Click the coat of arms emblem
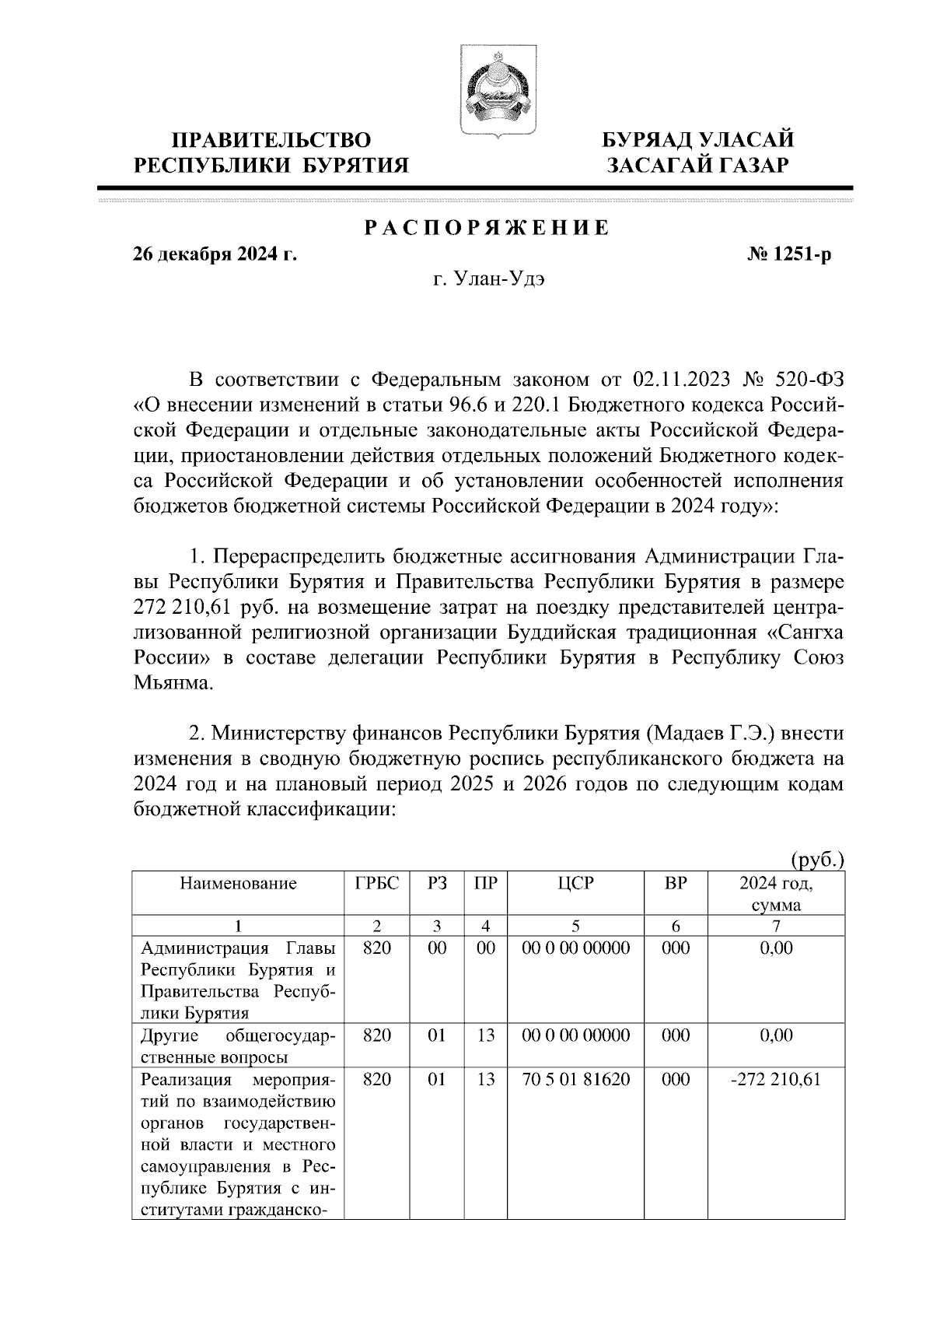tap(488, 93)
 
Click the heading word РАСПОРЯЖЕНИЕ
tap(487, 229)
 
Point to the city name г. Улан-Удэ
tap(489, 280)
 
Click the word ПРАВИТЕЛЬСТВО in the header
tap(271, 140)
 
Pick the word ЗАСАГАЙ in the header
tap(657, 165)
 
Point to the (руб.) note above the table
tap(816, 860)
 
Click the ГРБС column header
tap(377, 884)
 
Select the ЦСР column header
tap(575, 884)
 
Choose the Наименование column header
tap(239, 884)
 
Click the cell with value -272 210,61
tap(776, 1079)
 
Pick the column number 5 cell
tap(575, 926)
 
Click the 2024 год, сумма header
tap(776, 894)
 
